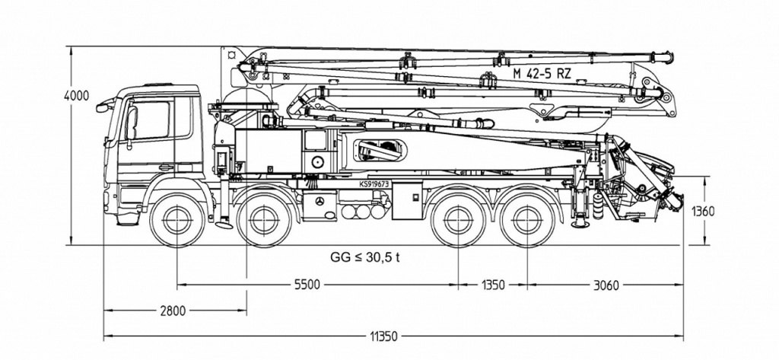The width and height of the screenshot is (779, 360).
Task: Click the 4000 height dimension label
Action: coord(77,95)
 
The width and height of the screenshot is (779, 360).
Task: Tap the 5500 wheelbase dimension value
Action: coord(307,285)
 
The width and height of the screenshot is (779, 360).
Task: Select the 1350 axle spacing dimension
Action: coord(492,285)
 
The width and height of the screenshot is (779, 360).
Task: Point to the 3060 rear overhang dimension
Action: coord(606,285)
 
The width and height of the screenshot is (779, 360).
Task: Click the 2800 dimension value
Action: coord(173,311)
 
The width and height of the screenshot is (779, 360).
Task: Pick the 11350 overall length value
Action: coord(383,336)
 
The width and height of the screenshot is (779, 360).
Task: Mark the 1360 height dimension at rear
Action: coord(702,212)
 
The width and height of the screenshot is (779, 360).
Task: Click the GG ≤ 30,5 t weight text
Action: coord(365,257)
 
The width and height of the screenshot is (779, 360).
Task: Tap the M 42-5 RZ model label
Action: coord(542,74)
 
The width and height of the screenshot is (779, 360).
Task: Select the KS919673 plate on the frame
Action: coord(374,183)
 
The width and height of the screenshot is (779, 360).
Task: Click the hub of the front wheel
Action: coord(177,220)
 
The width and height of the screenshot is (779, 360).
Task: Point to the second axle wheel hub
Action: coord(264,220)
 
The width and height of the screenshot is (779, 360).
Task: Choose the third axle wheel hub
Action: coord(458,220)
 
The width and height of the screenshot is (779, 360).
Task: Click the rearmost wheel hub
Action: coord(527,220)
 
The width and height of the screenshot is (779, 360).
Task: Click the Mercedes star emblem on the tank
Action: coord(320,201)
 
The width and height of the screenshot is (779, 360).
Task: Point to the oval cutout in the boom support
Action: coord(380,150)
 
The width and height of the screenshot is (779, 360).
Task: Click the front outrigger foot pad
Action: coord(224,225)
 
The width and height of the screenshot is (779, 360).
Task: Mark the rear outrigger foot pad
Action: coord(580,225)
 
